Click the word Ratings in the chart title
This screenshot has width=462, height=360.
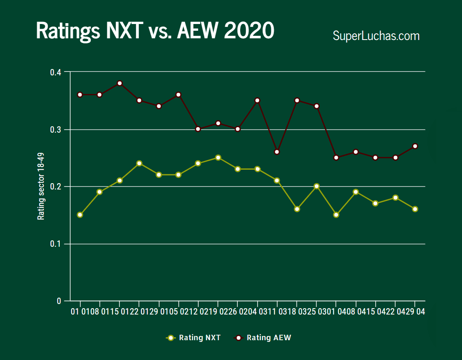click(68, 31)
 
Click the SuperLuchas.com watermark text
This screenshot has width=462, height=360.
click(376, 36)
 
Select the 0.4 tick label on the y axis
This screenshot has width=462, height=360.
click(56, 72)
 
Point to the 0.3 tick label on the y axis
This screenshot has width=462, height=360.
click(56, 130)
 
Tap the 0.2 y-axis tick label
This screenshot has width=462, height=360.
click(56, 187)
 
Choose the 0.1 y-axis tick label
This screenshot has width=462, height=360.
click(56, 244)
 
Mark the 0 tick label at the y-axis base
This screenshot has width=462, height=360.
click(59, 301)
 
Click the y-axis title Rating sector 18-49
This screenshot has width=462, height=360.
click(41, 187)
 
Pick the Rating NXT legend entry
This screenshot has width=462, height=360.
click(194, 338)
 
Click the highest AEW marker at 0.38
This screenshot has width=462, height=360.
click(119, 83)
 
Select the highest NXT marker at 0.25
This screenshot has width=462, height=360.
click(218, 157)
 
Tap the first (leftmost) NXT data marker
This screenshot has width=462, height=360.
click(80, 215)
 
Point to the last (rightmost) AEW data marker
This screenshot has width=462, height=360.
click(415, 146)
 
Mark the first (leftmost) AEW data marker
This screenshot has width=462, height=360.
click(80, 94)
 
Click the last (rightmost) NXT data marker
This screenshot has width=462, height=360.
click(415, 209)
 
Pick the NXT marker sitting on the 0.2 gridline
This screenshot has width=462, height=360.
click(316, 186)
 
